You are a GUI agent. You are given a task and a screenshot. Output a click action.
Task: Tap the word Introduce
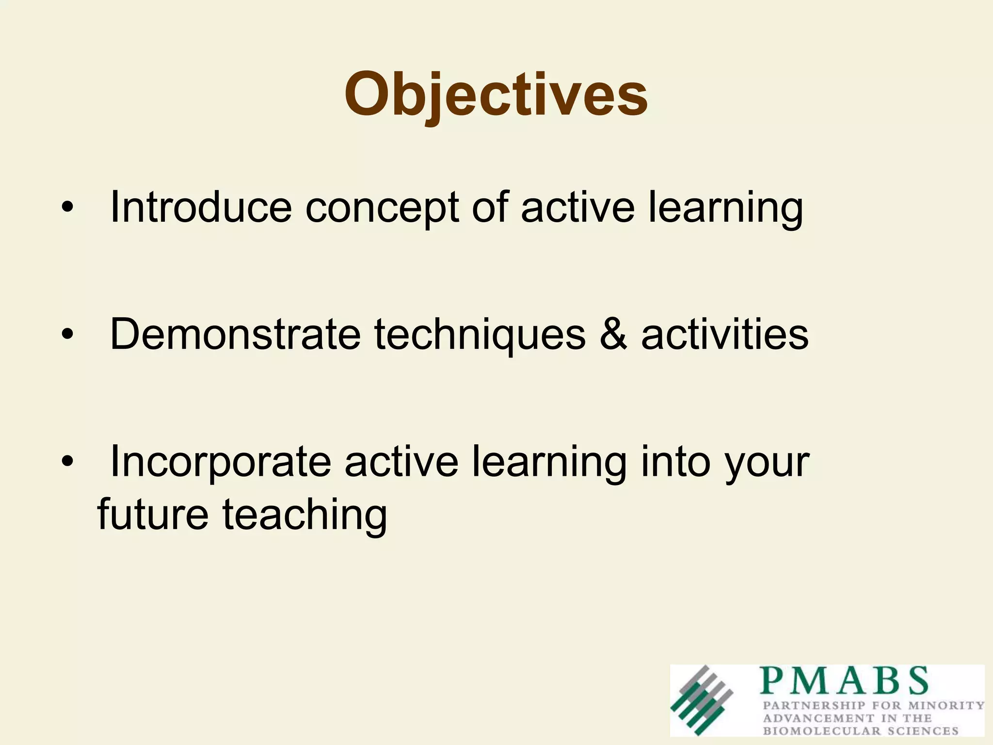click(201, 208)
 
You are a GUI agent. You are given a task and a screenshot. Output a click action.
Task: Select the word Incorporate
click(221, 462)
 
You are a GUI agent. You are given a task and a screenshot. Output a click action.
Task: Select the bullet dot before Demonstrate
click(67, 335)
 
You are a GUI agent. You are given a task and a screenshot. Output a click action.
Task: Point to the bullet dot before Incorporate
click(67, 462)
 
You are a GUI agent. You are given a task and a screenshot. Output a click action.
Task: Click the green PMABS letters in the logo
click(844, 681)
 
